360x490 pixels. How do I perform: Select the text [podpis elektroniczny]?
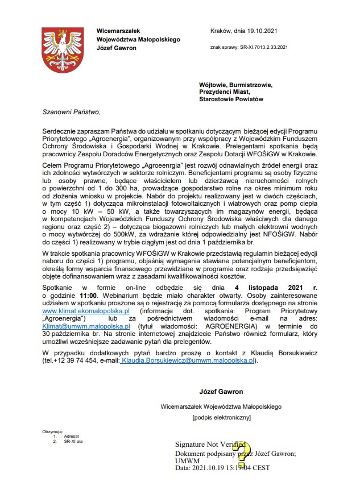click(221, 418)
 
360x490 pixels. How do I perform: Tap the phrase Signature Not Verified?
click(210, 444)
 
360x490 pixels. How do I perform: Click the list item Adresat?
click(71, 437)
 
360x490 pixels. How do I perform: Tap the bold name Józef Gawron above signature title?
click(221, 392)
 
